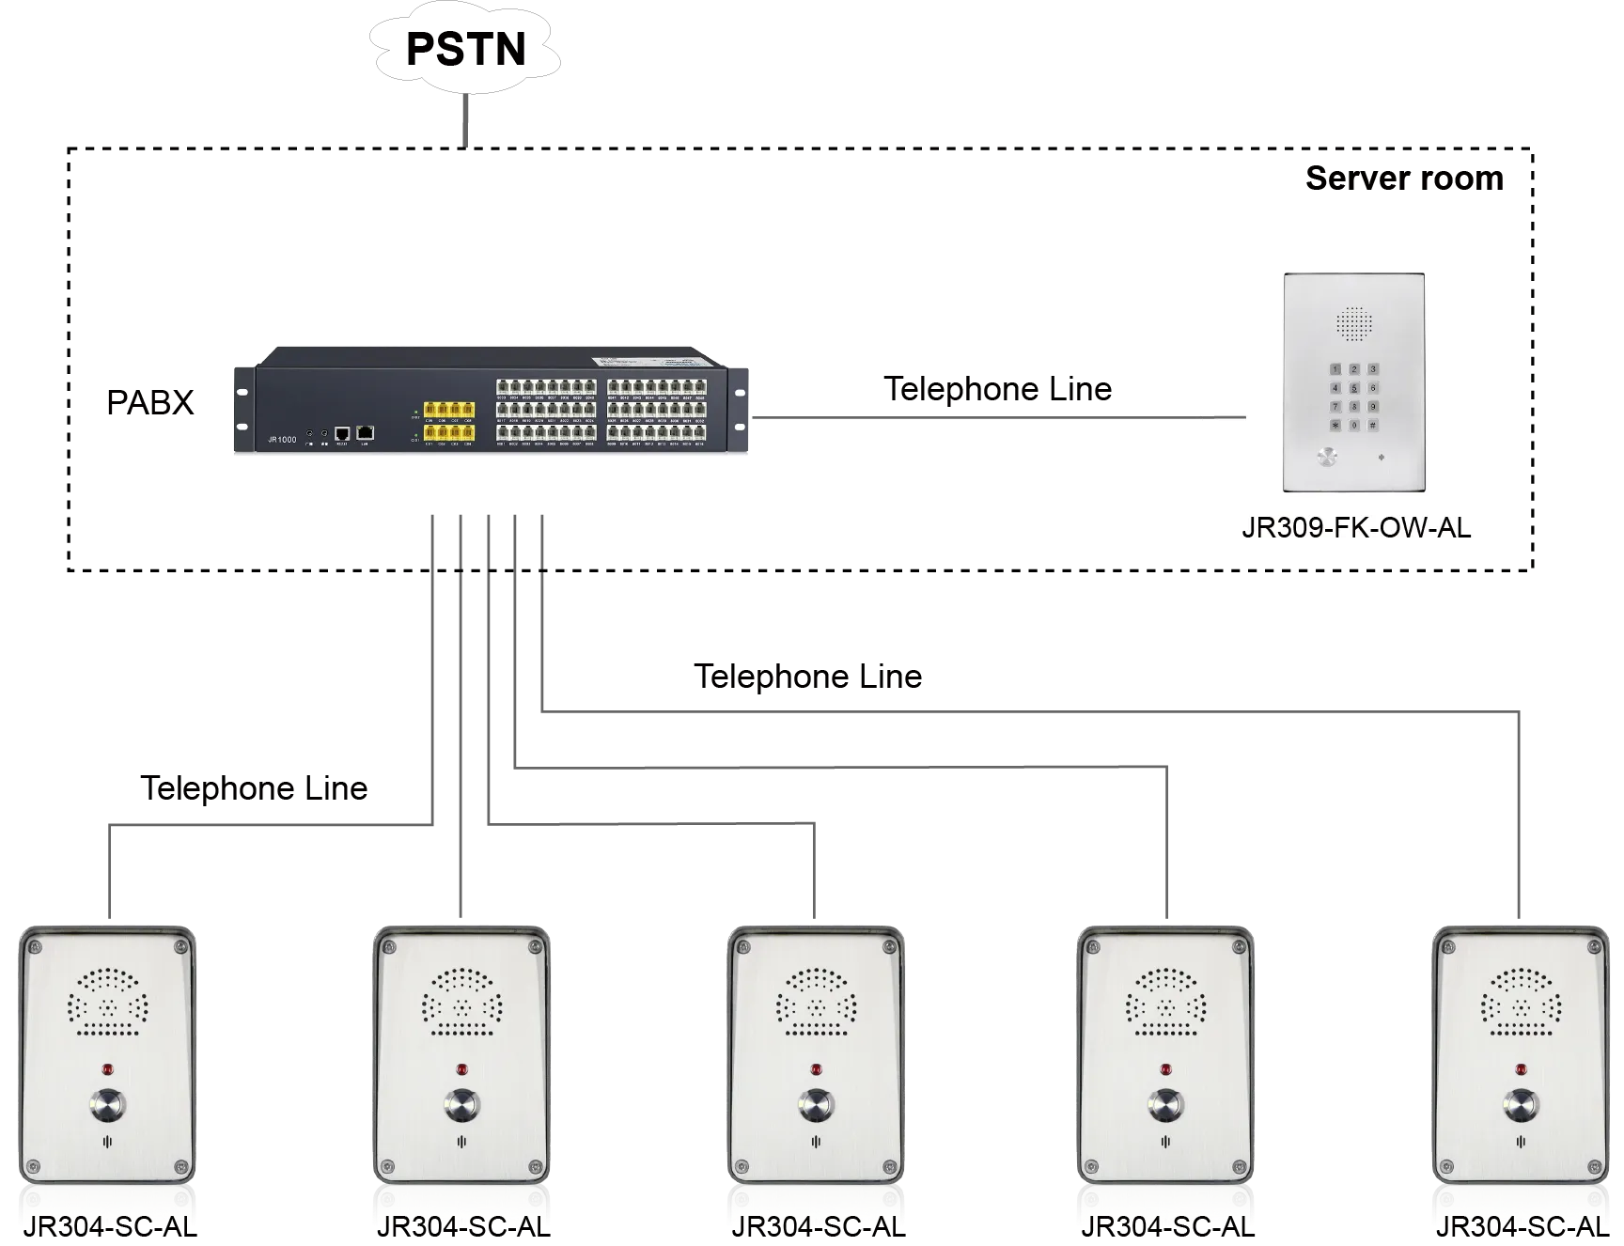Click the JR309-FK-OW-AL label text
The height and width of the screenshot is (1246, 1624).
point(1355,527)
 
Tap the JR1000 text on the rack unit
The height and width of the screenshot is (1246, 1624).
point(282,439)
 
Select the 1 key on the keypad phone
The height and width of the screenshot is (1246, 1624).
point(1335,369)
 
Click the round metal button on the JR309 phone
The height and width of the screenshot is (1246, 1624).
point(1326,458)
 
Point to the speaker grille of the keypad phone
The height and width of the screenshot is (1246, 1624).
point(1354,323)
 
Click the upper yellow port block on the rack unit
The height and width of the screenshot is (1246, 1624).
point(447,410)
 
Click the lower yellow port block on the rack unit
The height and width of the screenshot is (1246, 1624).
point(447,432)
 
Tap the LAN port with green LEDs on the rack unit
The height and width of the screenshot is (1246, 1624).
point(366,432)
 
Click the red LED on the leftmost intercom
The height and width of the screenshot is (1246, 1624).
point(107,1068)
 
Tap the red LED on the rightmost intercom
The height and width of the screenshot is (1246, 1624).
point(1520,1068)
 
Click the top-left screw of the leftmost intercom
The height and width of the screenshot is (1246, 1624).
point(36,945)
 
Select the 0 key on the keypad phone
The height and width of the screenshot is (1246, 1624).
point(1354,425)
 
